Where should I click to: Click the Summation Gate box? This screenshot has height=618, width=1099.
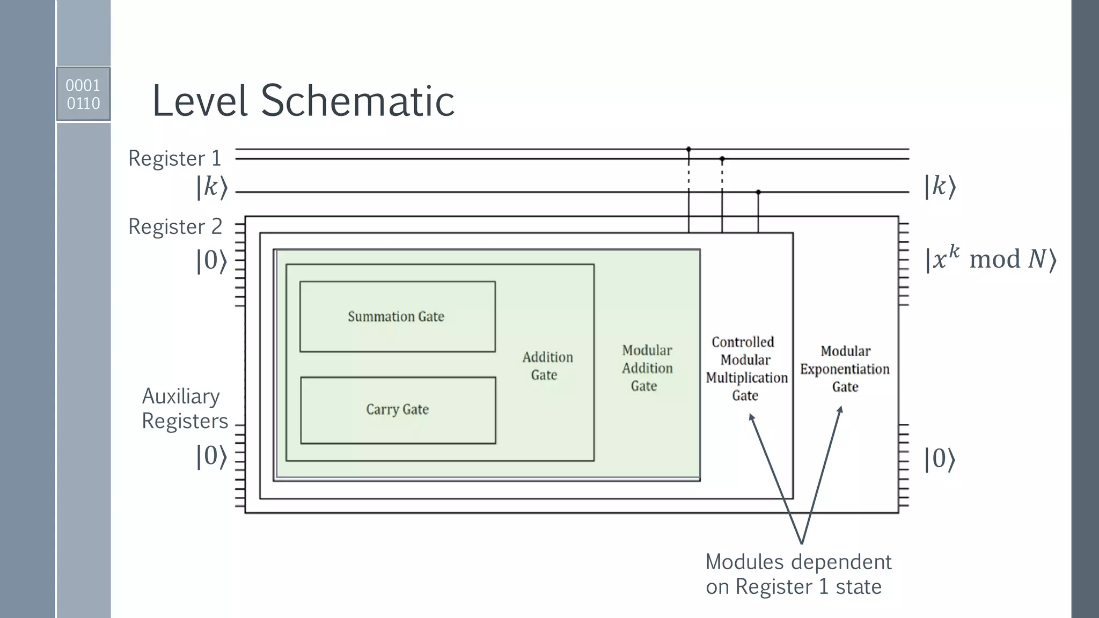[397, 317]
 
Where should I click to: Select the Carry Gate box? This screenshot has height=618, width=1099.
[398, 410]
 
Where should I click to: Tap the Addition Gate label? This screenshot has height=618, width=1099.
[547, 366]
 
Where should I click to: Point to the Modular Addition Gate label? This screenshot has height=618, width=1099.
[647, 368]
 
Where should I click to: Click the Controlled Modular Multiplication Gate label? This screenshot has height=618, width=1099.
[746, 369]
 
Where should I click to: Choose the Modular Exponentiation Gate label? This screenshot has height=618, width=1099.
[845, 369]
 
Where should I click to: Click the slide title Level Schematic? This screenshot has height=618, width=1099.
[303, 101]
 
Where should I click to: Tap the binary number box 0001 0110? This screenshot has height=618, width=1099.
[83, 94]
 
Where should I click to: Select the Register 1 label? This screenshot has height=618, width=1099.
[174, 158]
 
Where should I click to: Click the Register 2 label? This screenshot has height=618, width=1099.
[175, 226]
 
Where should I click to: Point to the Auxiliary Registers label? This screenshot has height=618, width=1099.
[184, 408]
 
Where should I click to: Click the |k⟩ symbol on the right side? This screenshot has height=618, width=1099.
[940, 187]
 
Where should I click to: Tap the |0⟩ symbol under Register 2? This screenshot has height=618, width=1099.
[211, 261]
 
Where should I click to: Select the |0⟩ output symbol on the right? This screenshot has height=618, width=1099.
[940, 459]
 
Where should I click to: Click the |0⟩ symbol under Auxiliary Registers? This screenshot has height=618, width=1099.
[211, 457]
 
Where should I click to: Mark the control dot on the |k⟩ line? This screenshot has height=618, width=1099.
[758, 192]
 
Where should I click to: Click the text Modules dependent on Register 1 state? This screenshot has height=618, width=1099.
[798, 574]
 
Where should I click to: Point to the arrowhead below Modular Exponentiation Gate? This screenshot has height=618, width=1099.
[840, 410]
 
